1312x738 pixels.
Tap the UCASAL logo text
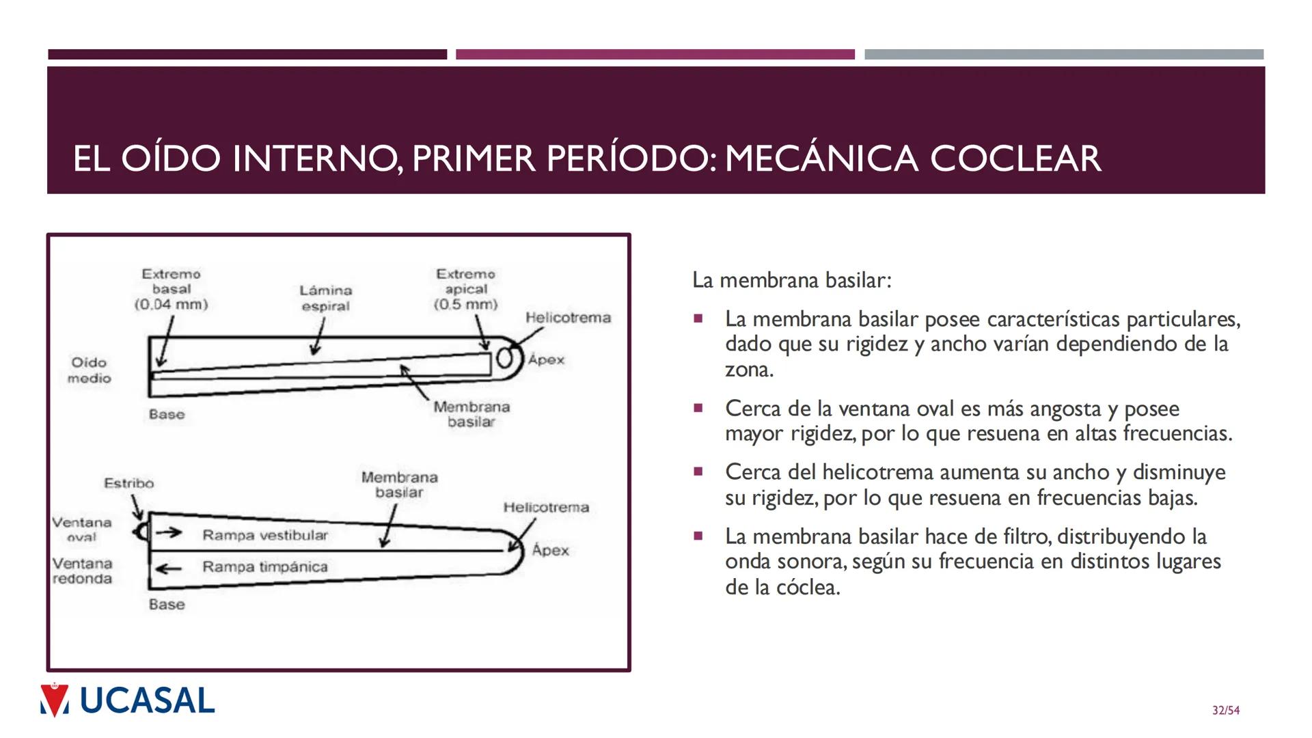(147, 701)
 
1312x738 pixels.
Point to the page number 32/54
(1225, 711)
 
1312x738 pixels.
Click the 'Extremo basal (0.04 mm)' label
(171, 289)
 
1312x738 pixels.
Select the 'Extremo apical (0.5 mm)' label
(466, 289)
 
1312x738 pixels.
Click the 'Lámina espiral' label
(325, 299)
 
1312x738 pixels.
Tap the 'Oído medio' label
(89, 370)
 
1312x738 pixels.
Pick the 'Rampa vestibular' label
(265, 535)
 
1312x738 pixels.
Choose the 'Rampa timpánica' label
(265, 566)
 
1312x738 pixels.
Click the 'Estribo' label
(128, 483)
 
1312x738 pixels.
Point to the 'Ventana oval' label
(82, 530)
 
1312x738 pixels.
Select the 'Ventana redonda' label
(82, 571)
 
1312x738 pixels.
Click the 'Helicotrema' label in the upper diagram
(568, 318)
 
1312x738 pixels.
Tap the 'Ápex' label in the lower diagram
(550, 550)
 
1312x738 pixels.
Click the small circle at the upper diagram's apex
(505, 359)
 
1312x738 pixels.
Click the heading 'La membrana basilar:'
(791, 280)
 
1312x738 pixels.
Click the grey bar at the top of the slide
(1063, 55)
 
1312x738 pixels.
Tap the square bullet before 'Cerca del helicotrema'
(698, 471)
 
